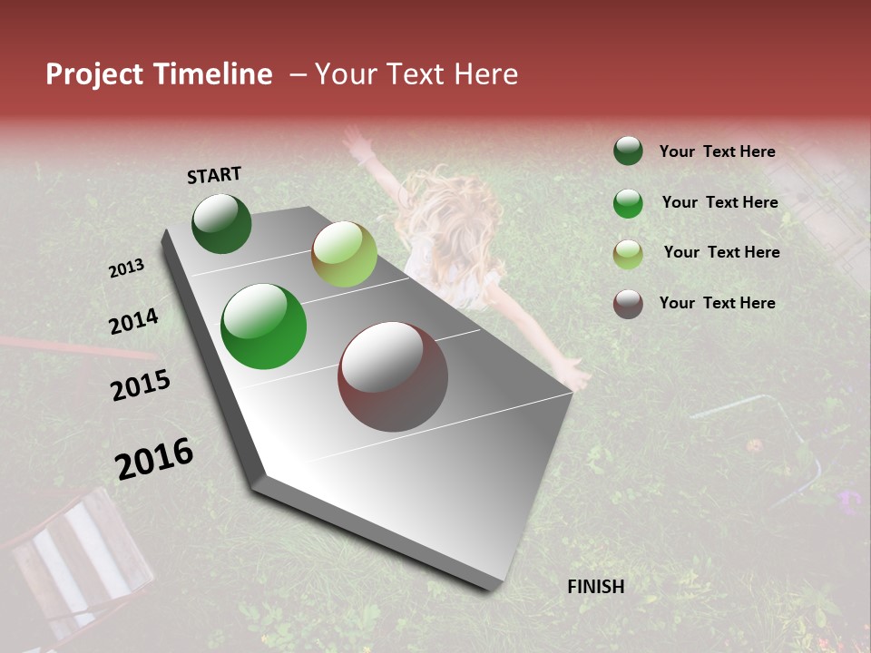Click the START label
point(214,175)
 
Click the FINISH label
point(596,587)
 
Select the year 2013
point(126,268)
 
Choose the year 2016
point(154,458)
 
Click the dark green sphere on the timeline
point(221,223)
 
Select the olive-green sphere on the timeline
point(344,253)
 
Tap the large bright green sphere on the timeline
point(264,326)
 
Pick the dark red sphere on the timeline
point(393,376)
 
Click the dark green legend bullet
point(628,151)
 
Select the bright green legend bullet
point(628,203)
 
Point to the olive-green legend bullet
point(628,254)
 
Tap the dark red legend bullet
point(628,304)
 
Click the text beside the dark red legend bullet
point(717,303)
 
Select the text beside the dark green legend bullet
point(717,151)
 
